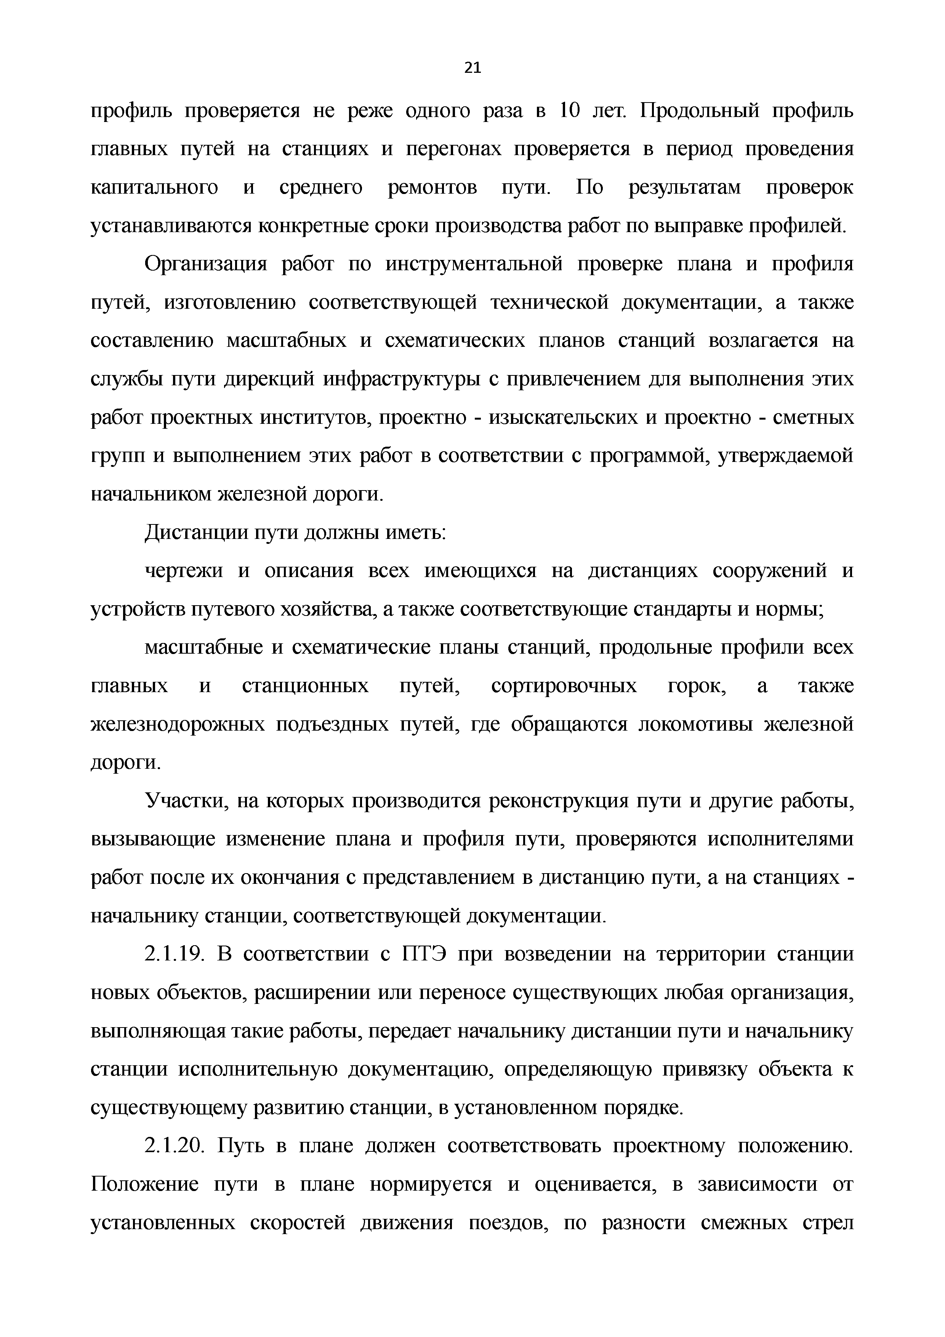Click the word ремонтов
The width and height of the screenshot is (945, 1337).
pyautogui.click(x=432, y=188)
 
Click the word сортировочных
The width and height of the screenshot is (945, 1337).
pyautogui.click(x=564, y=686)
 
